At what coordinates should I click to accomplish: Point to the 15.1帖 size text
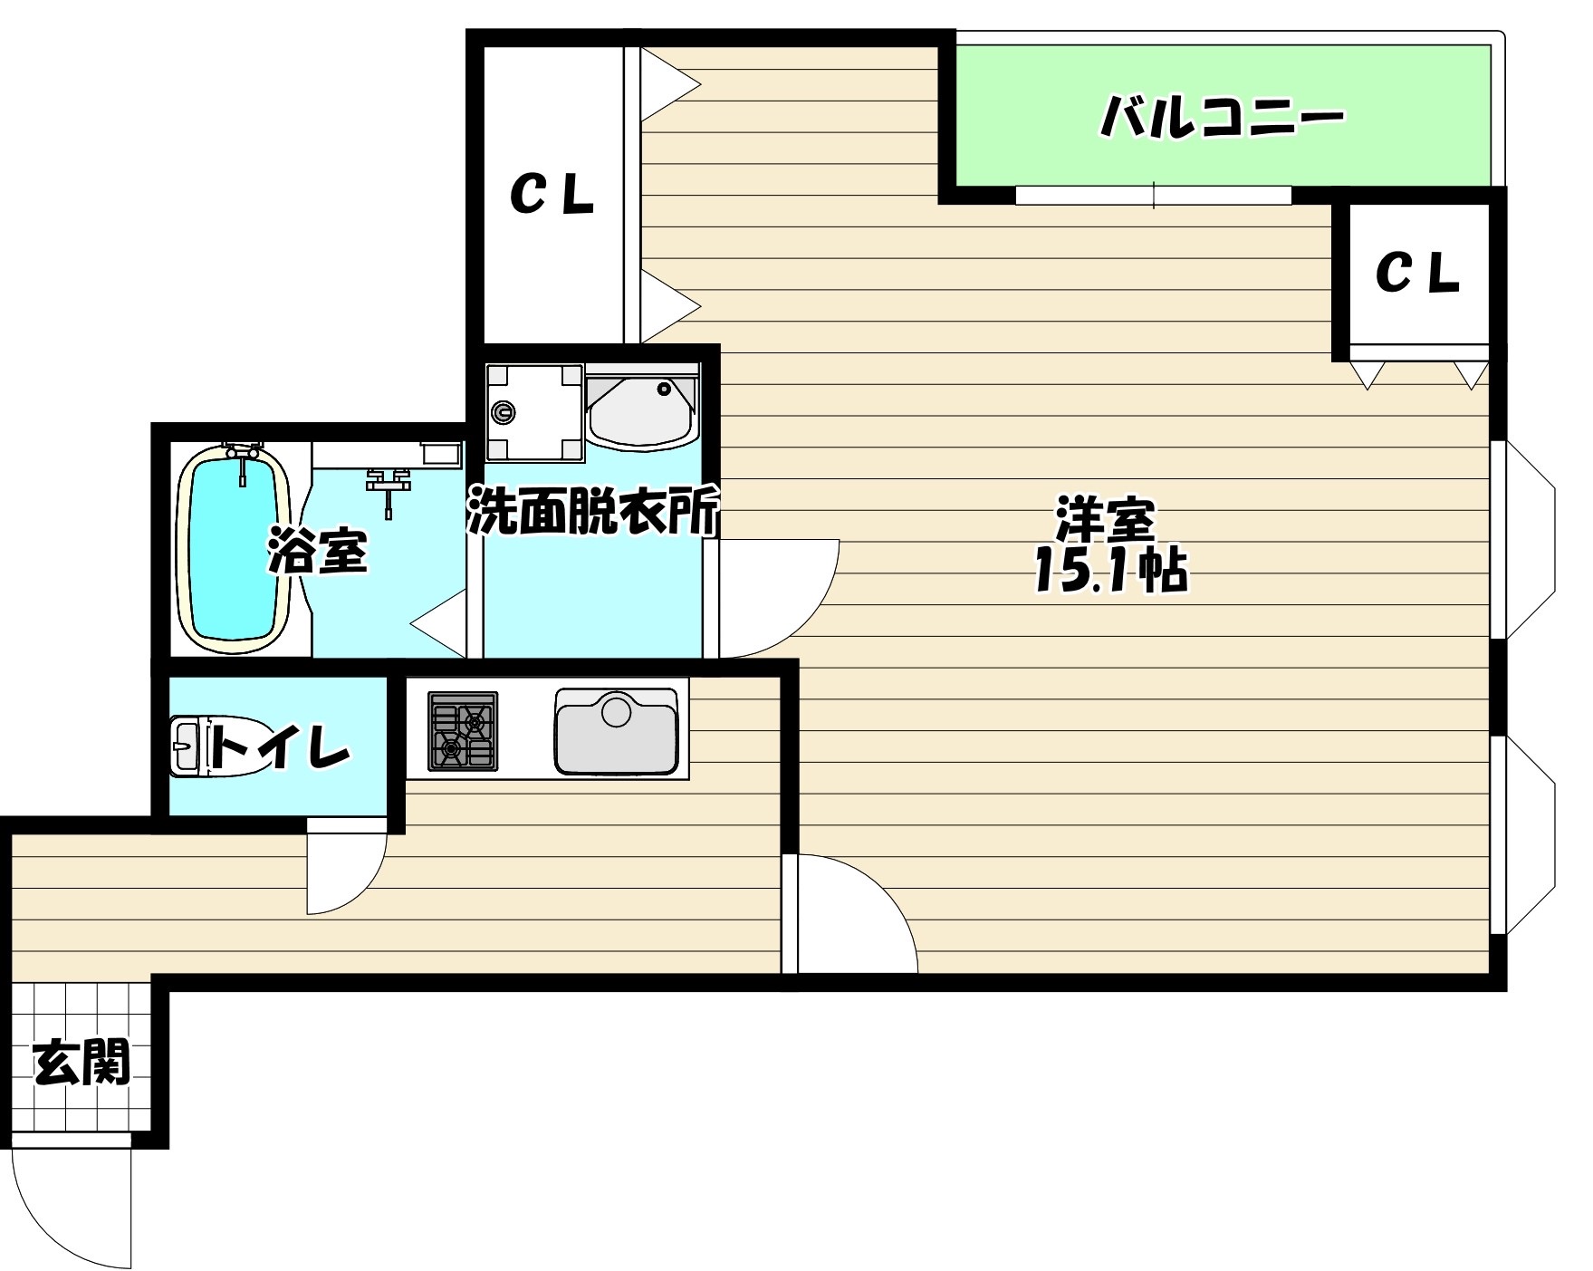click(x=1110, y=571)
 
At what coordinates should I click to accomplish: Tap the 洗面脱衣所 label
click(x=593, y=511)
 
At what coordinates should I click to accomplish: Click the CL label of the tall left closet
click(x=552, y=194)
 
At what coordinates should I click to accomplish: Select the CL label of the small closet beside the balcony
click(x=1417, y=271)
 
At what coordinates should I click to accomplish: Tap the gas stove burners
click(x=463, y=731)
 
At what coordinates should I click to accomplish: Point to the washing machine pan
click(x=533, y=411)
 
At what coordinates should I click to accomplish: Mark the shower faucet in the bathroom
click(x=388, y=485)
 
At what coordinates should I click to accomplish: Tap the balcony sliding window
click(x=1153, y=195)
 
